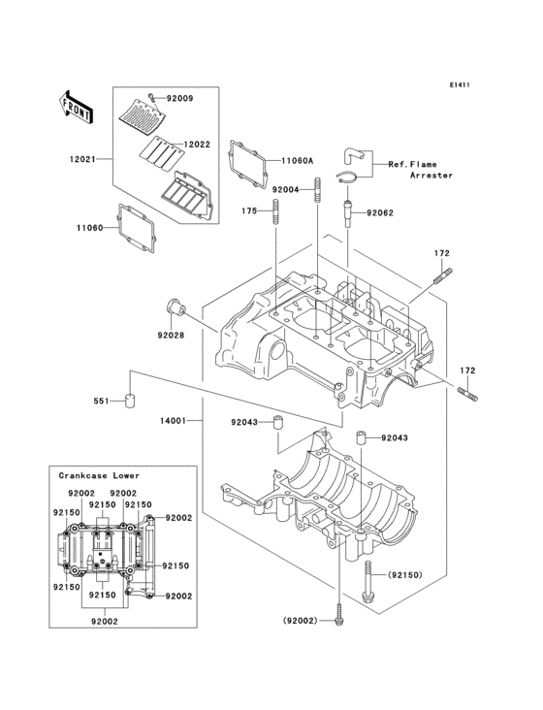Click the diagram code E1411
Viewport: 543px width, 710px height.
[x=459, y=84]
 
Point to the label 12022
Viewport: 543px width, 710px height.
[x=197, y=145]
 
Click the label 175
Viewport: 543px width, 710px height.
[x=249, y=210]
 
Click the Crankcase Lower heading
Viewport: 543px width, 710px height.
[x=98, y=476]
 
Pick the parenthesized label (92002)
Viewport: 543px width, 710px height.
[x=301, y=620]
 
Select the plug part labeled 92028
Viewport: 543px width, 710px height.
[x=175, y=310]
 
